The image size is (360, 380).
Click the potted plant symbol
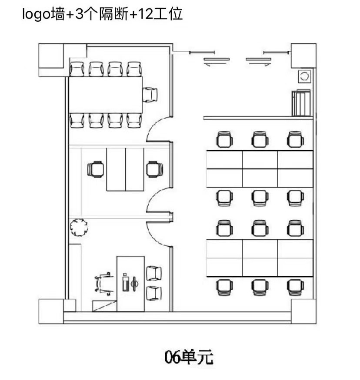79,227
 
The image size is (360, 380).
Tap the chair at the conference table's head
150,95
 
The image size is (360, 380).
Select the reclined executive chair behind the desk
104,284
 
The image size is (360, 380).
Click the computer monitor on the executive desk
134,283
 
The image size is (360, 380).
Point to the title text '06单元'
189,357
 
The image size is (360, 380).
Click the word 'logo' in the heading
37,14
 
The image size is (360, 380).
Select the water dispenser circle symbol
304,76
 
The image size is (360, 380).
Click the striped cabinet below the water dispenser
301,103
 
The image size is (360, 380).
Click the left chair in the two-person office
96,169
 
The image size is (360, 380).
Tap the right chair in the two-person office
154,169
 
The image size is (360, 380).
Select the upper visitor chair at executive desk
154,273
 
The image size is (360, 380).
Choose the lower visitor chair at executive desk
154,293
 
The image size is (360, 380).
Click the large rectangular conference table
106,95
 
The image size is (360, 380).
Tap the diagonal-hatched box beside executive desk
104,306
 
